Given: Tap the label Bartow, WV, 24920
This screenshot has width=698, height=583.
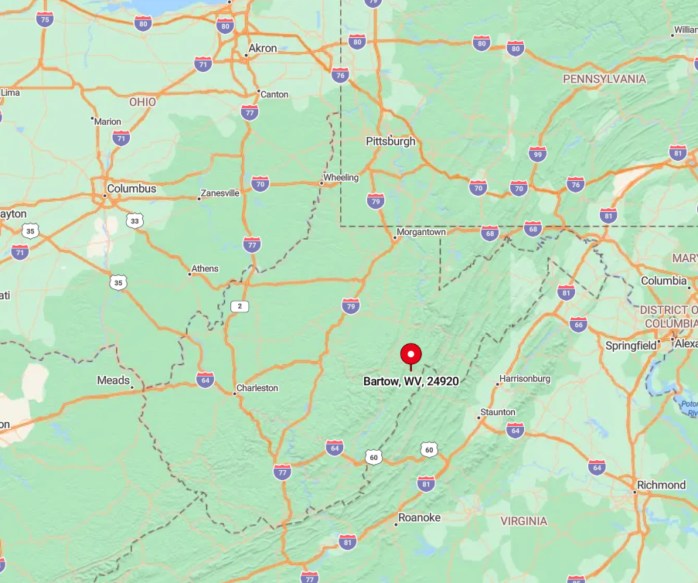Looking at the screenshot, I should pos(410,381).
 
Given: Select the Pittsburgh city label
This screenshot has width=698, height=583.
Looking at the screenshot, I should pos(390,141).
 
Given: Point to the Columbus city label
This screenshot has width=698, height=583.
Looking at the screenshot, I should pos(131,189).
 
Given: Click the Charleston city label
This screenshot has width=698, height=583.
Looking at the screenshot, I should pos(257,388).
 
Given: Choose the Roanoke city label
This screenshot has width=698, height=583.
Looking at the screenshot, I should pos(419,517).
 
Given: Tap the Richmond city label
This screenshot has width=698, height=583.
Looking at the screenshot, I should pos(661,485).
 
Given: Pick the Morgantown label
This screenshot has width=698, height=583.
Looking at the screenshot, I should pos(421,232).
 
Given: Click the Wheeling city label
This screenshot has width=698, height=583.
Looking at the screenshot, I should pos(341,178).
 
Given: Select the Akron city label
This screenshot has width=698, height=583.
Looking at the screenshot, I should pos(262,49).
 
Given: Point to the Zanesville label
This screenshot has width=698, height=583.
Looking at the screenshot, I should pos(220,193).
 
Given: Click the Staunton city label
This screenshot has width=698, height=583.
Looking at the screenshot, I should pos(498,412).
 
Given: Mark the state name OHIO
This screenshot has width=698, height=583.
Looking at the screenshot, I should pos(142,102).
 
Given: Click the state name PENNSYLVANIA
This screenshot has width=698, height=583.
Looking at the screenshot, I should pos(604,79).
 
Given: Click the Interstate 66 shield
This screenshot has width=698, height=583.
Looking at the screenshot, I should pos(578,325).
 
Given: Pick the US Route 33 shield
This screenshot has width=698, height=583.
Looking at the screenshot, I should pos(135,221).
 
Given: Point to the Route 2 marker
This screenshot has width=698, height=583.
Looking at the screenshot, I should pos(240,306).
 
